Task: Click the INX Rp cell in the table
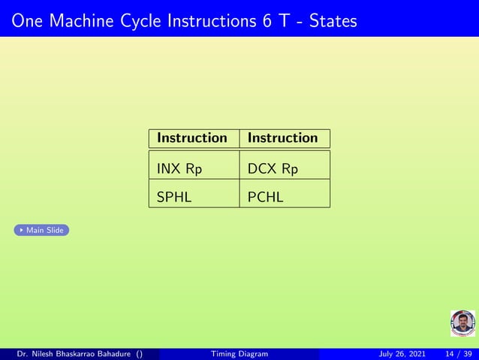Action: [x=179, y=169]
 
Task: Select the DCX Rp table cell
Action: [x=273, y=169]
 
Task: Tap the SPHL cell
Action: [x=174, y=198]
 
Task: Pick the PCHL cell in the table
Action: [x=266, y=198]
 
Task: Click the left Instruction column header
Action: [x=191, y=138]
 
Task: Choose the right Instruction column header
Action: [x=283, y=138]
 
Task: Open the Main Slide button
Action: [x=41, y=230]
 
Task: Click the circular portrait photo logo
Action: [x=462, y=323]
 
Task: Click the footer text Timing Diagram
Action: [x=239, y=354]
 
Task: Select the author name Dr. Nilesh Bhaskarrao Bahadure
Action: [x=75, y=354]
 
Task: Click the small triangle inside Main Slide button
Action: [x=20, y=230]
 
